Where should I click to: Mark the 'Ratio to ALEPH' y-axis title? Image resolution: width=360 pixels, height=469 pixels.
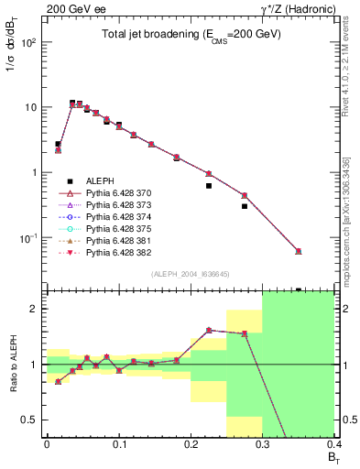click(12, 365)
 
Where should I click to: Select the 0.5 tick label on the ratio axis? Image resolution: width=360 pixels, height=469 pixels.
click(33, 420)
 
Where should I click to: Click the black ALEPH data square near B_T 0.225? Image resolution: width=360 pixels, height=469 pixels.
click(209, 186)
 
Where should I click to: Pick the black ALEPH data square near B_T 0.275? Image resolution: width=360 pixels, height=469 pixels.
click(245, 206)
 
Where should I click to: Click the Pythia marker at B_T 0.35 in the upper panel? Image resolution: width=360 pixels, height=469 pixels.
click(299, 251)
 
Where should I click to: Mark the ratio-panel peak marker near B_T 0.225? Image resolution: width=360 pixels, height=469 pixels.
click(209, 330)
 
